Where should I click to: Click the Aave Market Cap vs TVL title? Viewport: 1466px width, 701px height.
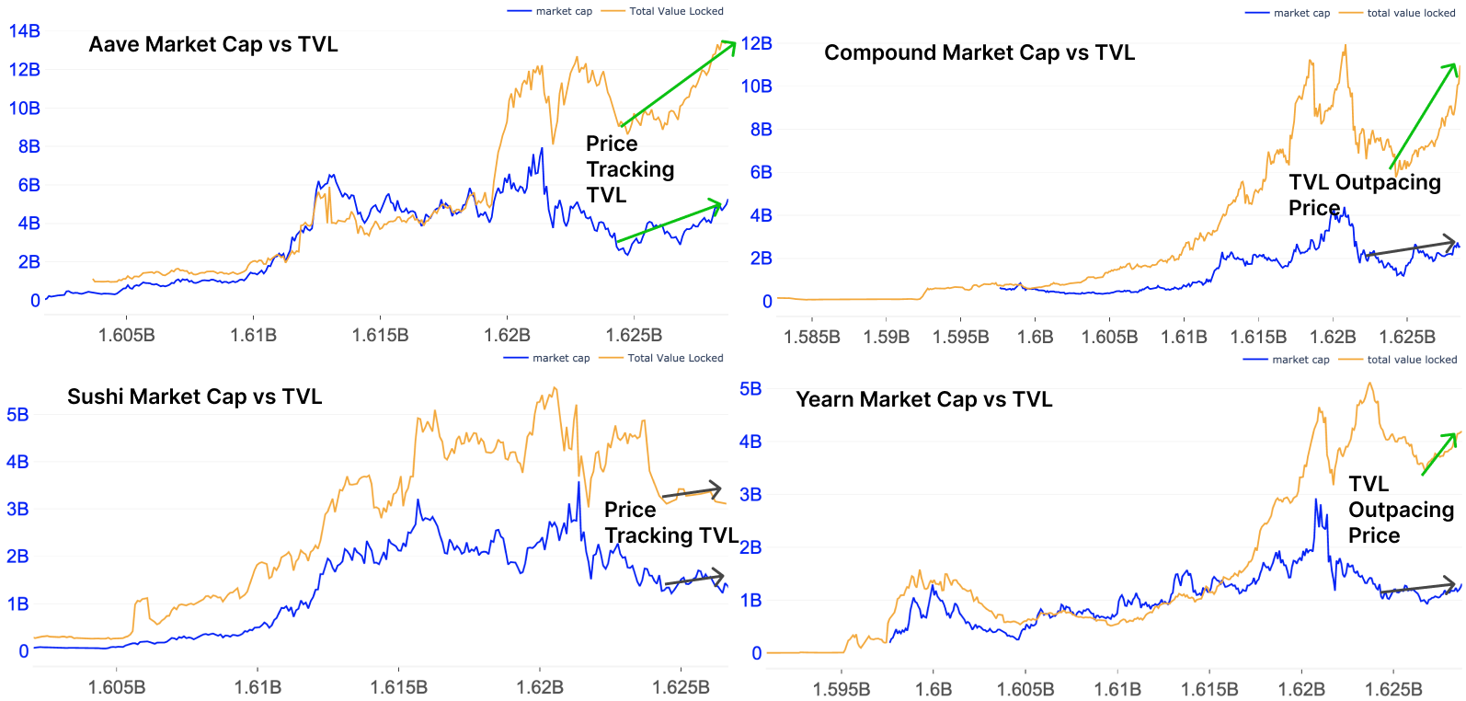[213, 44]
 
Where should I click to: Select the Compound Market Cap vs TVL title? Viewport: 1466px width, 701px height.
[979, 52]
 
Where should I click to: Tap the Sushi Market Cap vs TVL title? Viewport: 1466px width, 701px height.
[195, 396]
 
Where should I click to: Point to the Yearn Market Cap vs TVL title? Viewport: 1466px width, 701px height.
[924, 399]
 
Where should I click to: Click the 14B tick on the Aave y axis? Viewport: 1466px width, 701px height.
[25, 30]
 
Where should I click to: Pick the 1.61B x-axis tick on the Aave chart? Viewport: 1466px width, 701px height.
[253, 335]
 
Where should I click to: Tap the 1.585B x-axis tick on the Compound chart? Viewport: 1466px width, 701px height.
[812, 337]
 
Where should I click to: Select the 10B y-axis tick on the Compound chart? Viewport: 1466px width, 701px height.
[757, 86]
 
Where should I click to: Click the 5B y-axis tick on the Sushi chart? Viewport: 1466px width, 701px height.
[17, 415]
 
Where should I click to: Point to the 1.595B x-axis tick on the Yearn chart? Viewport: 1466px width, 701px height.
[842, 689]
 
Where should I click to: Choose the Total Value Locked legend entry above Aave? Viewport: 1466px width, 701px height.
[676, 11]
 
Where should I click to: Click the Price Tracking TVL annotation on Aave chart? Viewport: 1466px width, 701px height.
[630, 169]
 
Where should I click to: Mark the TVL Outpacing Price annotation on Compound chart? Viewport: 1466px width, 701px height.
[1364, 194]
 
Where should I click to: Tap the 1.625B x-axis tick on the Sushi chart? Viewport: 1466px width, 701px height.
[681, 687]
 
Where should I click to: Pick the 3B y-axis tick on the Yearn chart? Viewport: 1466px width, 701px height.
[750, 495]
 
